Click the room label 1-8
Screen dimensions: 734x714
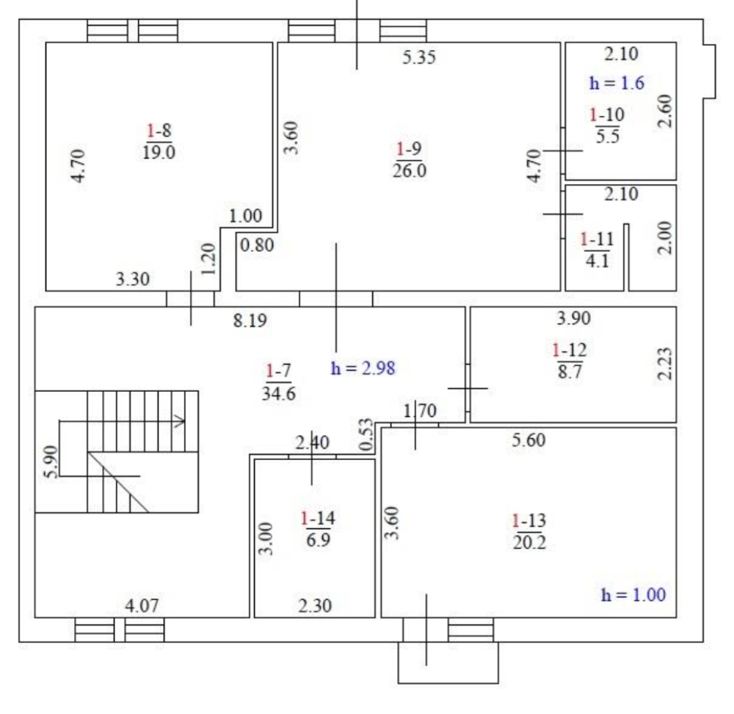[x=159, y=130]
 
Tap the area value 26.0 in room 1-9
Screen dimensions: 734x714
[x=410, y=171]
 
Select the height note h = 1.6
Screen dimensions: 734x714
[x=617, y=83]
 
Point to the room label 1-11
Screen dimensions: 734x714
[x=597, y=239]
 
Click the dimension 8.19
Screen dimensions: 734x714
[x=250, y=321]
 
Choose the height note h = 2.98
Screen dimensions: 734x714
[x=363, y=368]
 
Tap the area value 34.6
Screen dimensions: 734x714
[x=278, y=393]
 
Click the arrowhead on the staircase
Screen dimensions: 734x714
[x=181, y=420]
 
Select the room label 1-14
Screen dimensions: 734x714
[x=318, y=518]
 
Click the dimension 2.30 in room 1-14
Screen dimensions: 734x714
[x=315, y=606]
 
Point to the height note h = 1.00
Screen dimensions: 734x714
[x=633, y=594]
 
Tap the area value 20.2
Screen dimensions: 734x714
[x=529, y=543]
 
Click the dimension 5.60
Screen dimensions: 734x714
[x=528, y=440]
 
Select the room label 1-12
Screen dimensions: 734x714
[x=570, y=349]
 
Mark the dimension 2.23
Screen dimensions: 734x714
[x=665, y=363]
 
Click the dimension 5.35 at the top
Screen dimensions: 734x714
[x=419, y=57]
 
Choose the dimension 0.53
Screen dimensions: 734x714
[x=366, y=434]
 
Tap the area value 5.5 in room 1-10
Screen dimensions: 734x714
[x=608, y=136]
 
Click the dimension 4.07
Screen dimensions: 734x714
[x=142, y=606]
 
